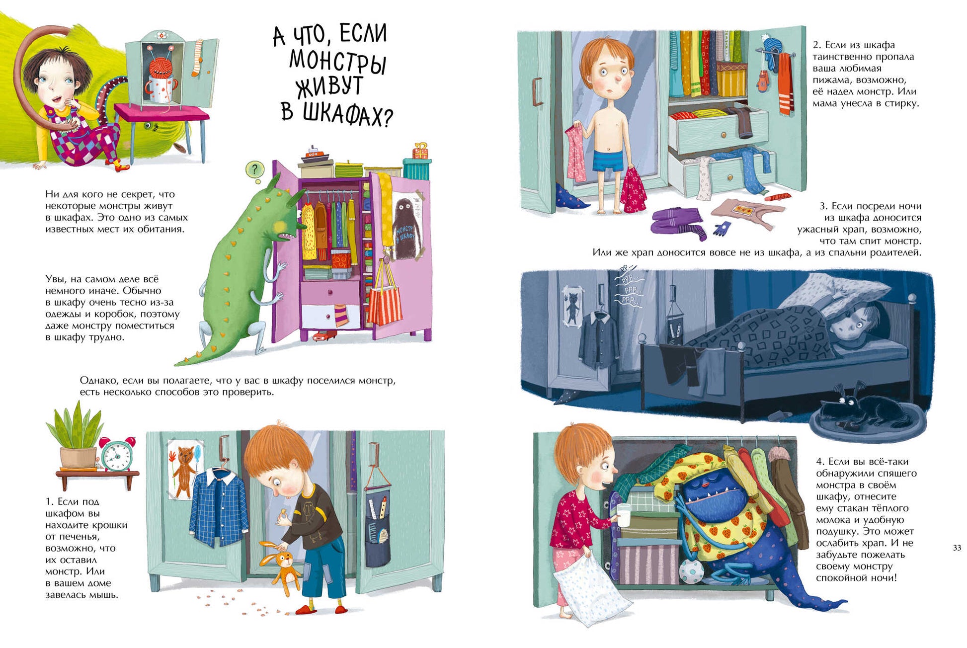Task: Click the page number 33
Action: coord(957,548)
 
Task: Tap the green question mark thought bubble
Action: coord(255,170)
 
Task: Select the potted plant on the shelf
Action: coord(77,436)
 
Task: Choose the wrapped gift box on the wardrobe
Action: coord(420,151)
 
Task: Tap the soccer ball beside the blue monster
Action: coord(691,571)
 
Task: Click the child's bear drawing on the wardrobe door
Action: coord(184,469)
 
